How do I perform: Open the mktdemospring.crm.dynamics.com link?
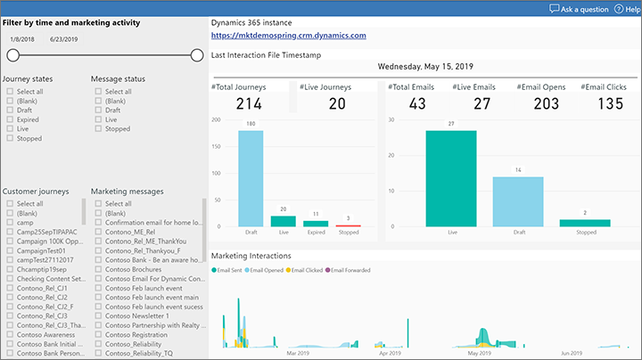(x=289, y=36)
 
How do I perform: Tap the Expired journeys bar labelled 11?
(x=316, y=224)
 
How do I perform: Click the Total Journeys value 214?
(x=250, y=103)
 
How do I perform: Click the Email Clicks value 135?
(x=610, y=103)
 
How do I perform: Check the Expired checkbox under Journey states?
(x=10, y=120)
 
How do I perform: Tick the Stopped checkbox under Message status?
(x=98, y=129)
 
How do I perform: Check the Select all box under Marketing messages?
(x=98, y=204)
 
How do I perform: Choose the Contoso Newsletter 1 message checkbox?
(x=98, y=315)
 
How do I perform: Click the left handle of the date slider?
(x=12, y=55)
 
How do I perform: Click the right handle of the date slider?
(x=197, y=55)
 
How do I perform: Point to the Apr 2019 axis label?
(x=390, y=353)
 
